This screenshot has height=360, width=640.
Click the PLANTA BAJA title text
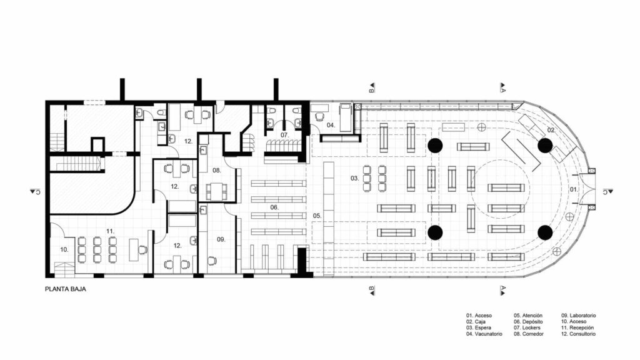(x=66, y=290)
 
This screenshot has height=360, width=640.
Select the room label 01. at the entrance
(x=573, y=189)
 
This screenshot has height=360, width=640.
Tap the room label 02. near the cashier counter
(x=551, y=129)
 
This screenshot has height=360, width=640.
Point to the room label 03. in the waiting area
(x=354, y=178)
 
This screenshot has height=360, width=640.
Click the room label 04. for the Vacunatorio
(x=330, y=126)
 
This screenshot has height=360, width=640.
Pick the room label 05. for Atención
(x=317, y=216)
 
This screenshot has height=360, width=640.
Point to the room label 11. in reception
(x=110, y=231)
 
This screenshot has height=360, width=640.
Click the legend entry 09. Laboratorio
(x=579, y=316)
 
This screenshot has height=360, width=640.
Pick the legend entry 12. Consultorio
(x=578, y=334)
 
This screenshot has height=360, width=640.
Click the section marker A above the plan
(x=502, y=88)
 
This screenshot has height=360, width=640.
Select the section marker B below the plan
(x=371, y=288)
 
